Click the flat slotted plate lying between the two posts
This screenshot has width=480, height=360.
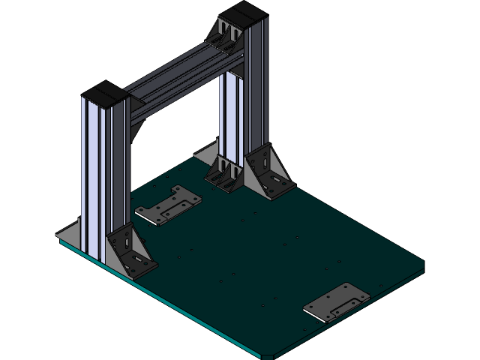coord(168,206)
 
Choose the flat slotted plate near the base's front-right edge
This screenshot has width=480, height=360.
coord(337,301)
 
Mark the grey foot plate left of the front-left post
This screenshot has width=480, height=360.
coord(71,233)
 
